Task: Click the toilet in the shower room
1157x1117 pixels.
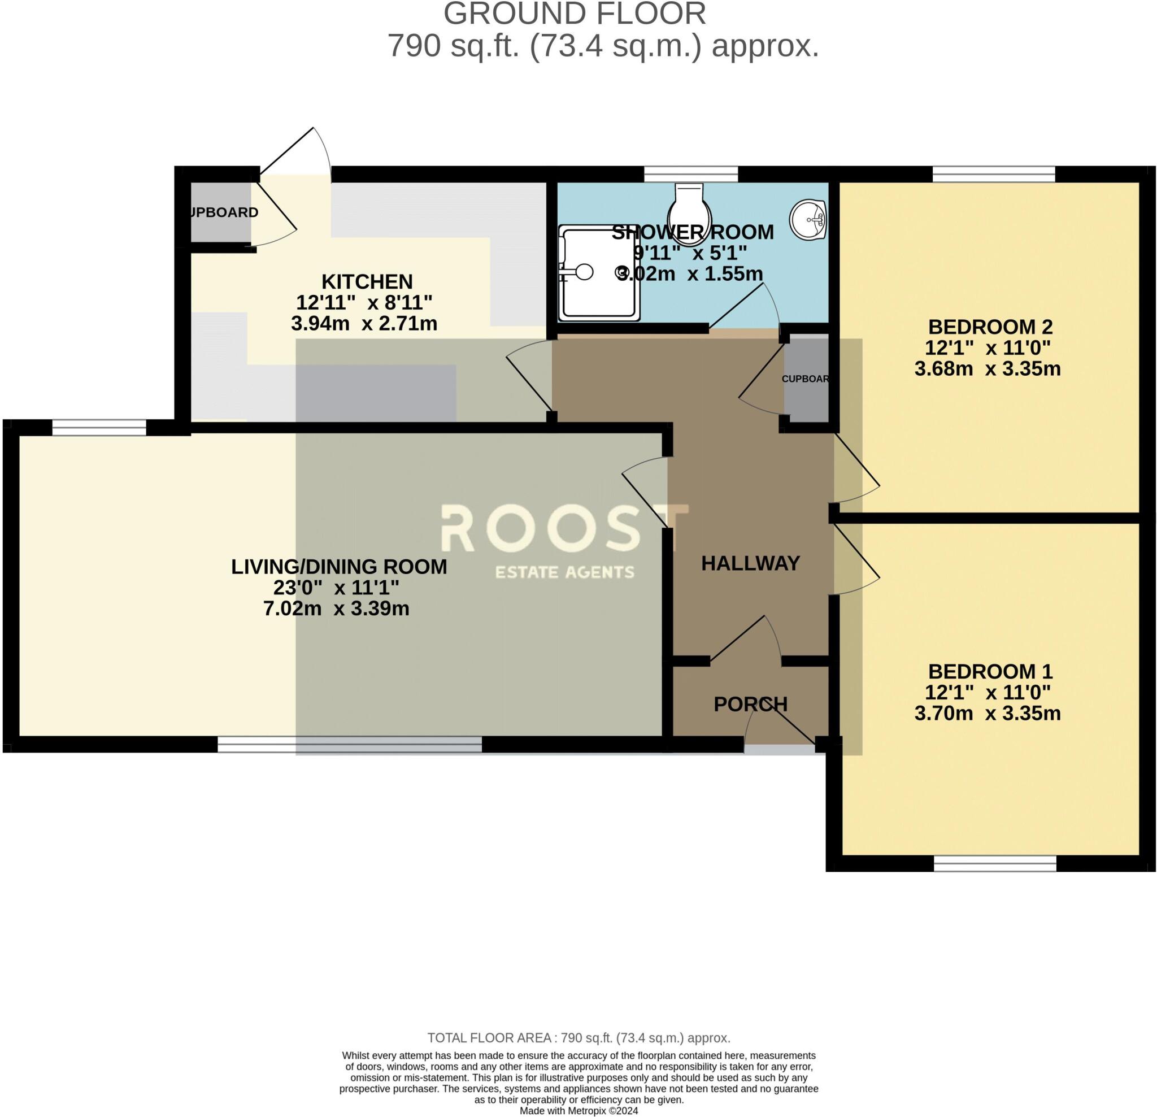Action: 689,212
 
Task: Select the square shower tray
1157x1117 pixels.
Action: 599,273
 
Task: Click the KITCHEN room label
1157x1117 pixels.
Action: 367,281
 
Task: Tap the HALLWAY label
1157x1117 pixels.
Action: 750,563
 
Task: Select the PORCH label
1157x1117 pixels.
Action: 750,704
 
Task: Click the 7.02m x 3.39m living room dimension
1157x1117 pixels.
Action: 336,608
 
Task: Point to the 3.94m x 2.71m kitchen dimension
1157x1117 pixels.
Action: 364,324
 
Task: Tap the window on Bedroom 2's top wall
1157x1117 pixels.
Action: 994,174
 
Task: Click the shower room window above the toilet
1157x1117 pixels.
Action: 691,174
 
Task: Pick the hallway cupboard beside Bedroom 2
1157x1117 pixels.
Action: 806,379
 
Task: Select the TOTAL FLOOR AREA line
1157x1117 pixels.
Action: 578,1037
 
